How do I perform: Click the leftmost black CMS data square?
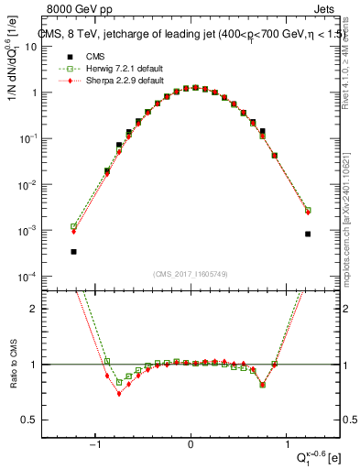pyautogui.click(x=74, y=251)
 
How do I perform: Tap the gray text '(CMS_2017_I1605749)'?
pyautogui.click(x=191, y=273)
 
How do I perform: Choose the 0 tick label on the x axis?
pyautogui.click(x=191, y=446)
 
